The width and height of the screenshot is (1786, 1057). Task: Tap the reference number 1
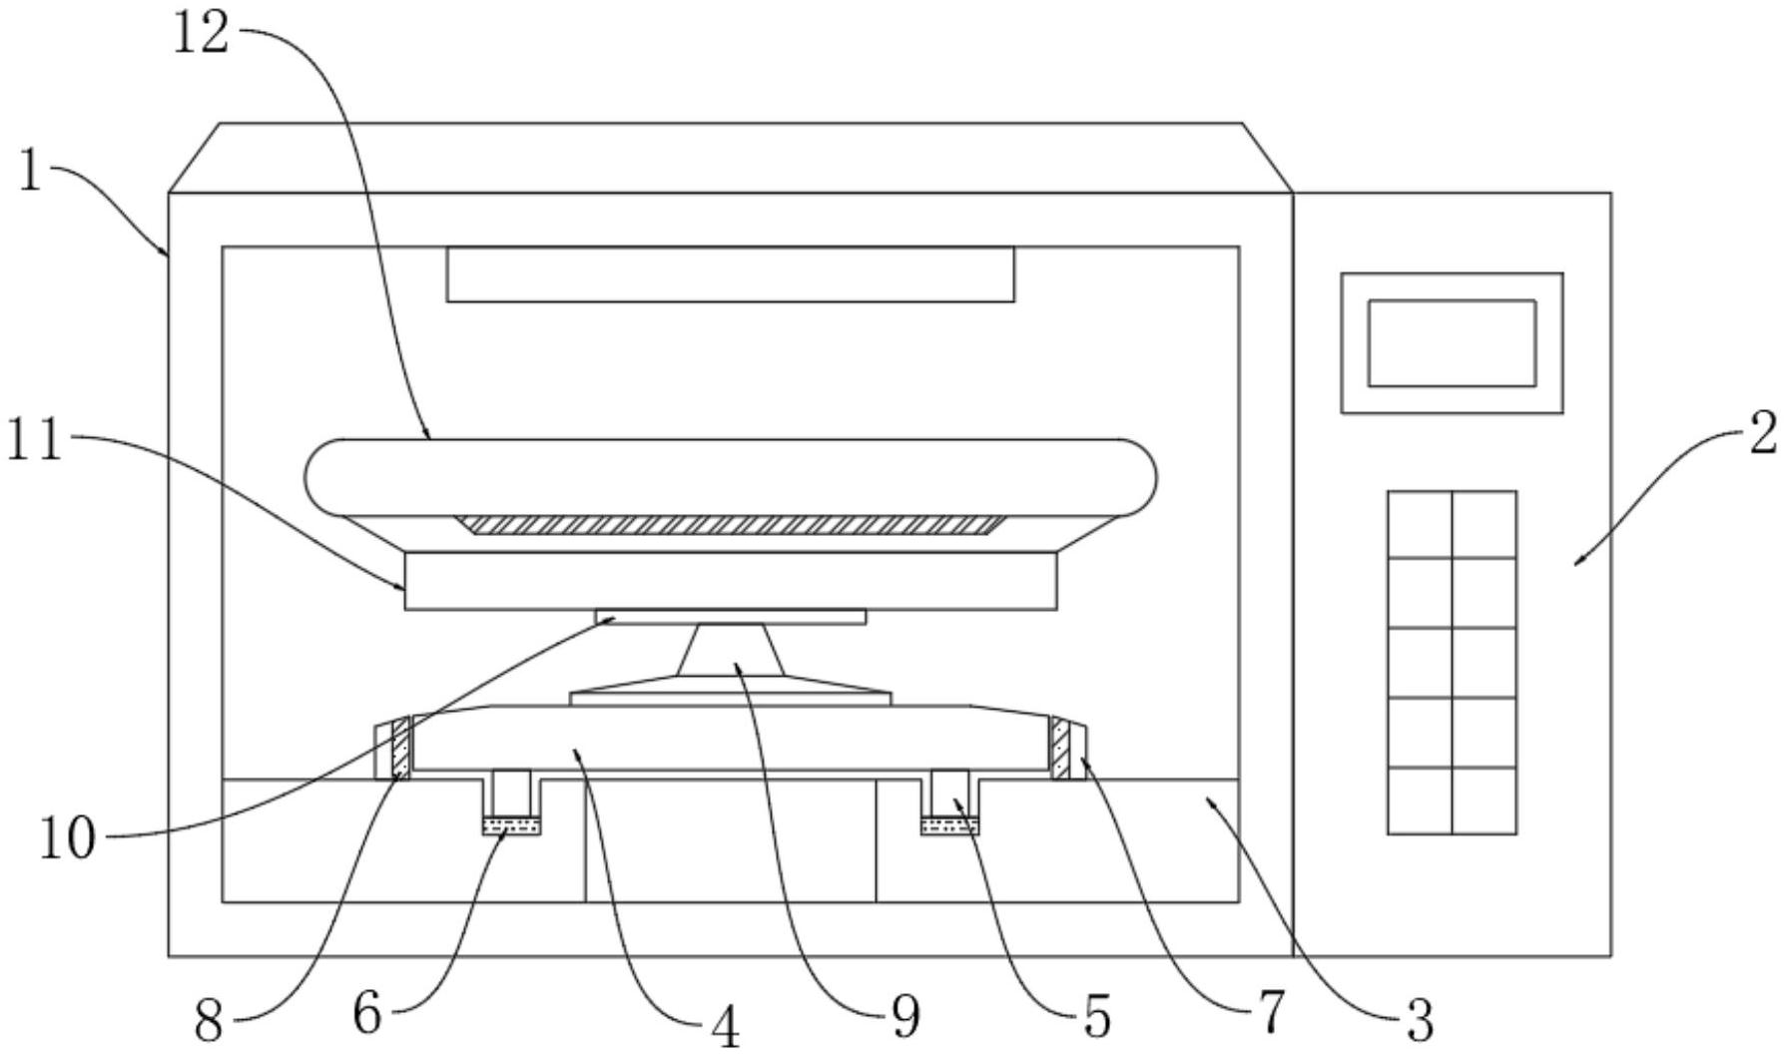[x=31, y=172]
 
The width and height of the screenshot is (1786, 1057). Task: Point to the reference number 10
[x=68, y=838]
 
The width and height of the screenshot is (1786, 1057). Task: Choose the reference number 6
[x=367, y=1015]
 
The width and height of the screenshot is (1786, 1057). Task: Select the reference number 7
[x=1271, y=1012]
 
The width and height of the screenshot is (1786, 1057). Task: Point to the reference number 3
[x=1419, y=1020]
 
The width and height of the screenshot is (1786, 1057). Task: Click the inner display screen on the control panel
[x=1452, y=342]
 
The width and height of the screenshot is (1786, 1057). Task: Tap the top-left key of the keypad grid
[x=1420, y=524]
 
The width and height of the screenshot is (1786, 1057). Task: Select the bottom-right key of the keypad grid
[x=1485, y=800]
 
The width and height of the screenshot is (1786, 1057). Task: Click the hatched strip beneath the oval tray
[x=731, y=525]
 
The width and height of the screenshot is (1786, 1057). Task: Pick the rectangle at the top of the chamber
[x=731, y=273]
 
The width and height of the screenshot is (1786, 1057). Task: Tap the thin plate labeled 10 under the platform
[x=731, y=617]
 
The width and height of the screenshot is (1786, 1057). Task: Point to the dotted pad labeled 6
[x=511, y=825]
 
